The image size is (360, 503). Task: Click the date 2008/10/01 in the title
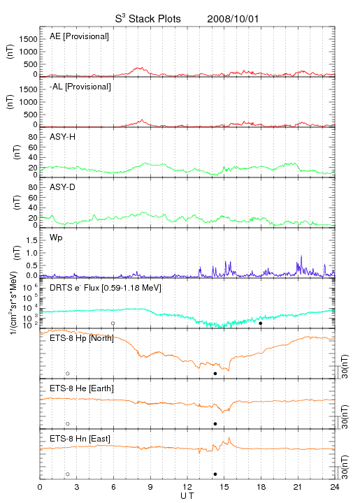tap(233, 19)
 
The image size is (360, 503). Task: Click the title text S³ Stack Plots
tap(148, 19)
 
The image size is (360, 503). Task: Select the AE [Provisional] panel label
tap(79, 36)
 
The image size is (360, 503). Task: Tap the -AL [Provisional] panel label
tap(80, 87)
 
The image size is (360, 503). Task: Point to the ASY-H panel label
tap(63, 137)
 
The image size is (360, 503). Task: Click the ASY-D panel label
tap(63, 187)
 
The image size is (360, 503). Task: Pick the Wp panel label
tap(56, 238)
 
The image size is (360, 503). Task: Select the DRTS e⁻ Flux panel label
tap(106, 288)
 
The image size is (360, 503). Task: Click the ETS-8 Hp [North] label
tap(82, 338)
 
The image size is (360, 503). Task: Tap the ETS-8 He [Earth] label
tap(82, 388)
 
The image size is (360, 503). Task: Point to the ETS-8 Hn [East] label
tap(80, 439)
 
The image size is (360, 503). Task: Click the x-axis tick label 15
tap(224, 487)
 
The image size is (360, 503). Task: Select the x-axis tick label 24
tap(335, 487)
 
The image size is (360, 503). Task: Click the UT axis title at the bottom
tap(187, 496)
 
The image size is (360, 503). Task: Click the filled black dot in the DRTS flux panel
tap(261, 323)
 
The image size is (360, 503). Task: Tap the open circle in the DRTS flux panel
tap(113, 323)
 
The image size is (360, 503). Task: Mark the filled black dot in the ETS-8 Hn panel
tap(215, 474)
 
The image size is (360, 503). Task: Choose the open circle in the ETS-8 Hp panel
tap(68, 374)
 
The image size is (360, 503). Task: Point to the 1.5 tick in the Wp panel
tap(31, 240)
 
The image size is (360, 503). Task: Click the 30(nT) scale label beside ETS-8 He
tap(345, 417)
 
